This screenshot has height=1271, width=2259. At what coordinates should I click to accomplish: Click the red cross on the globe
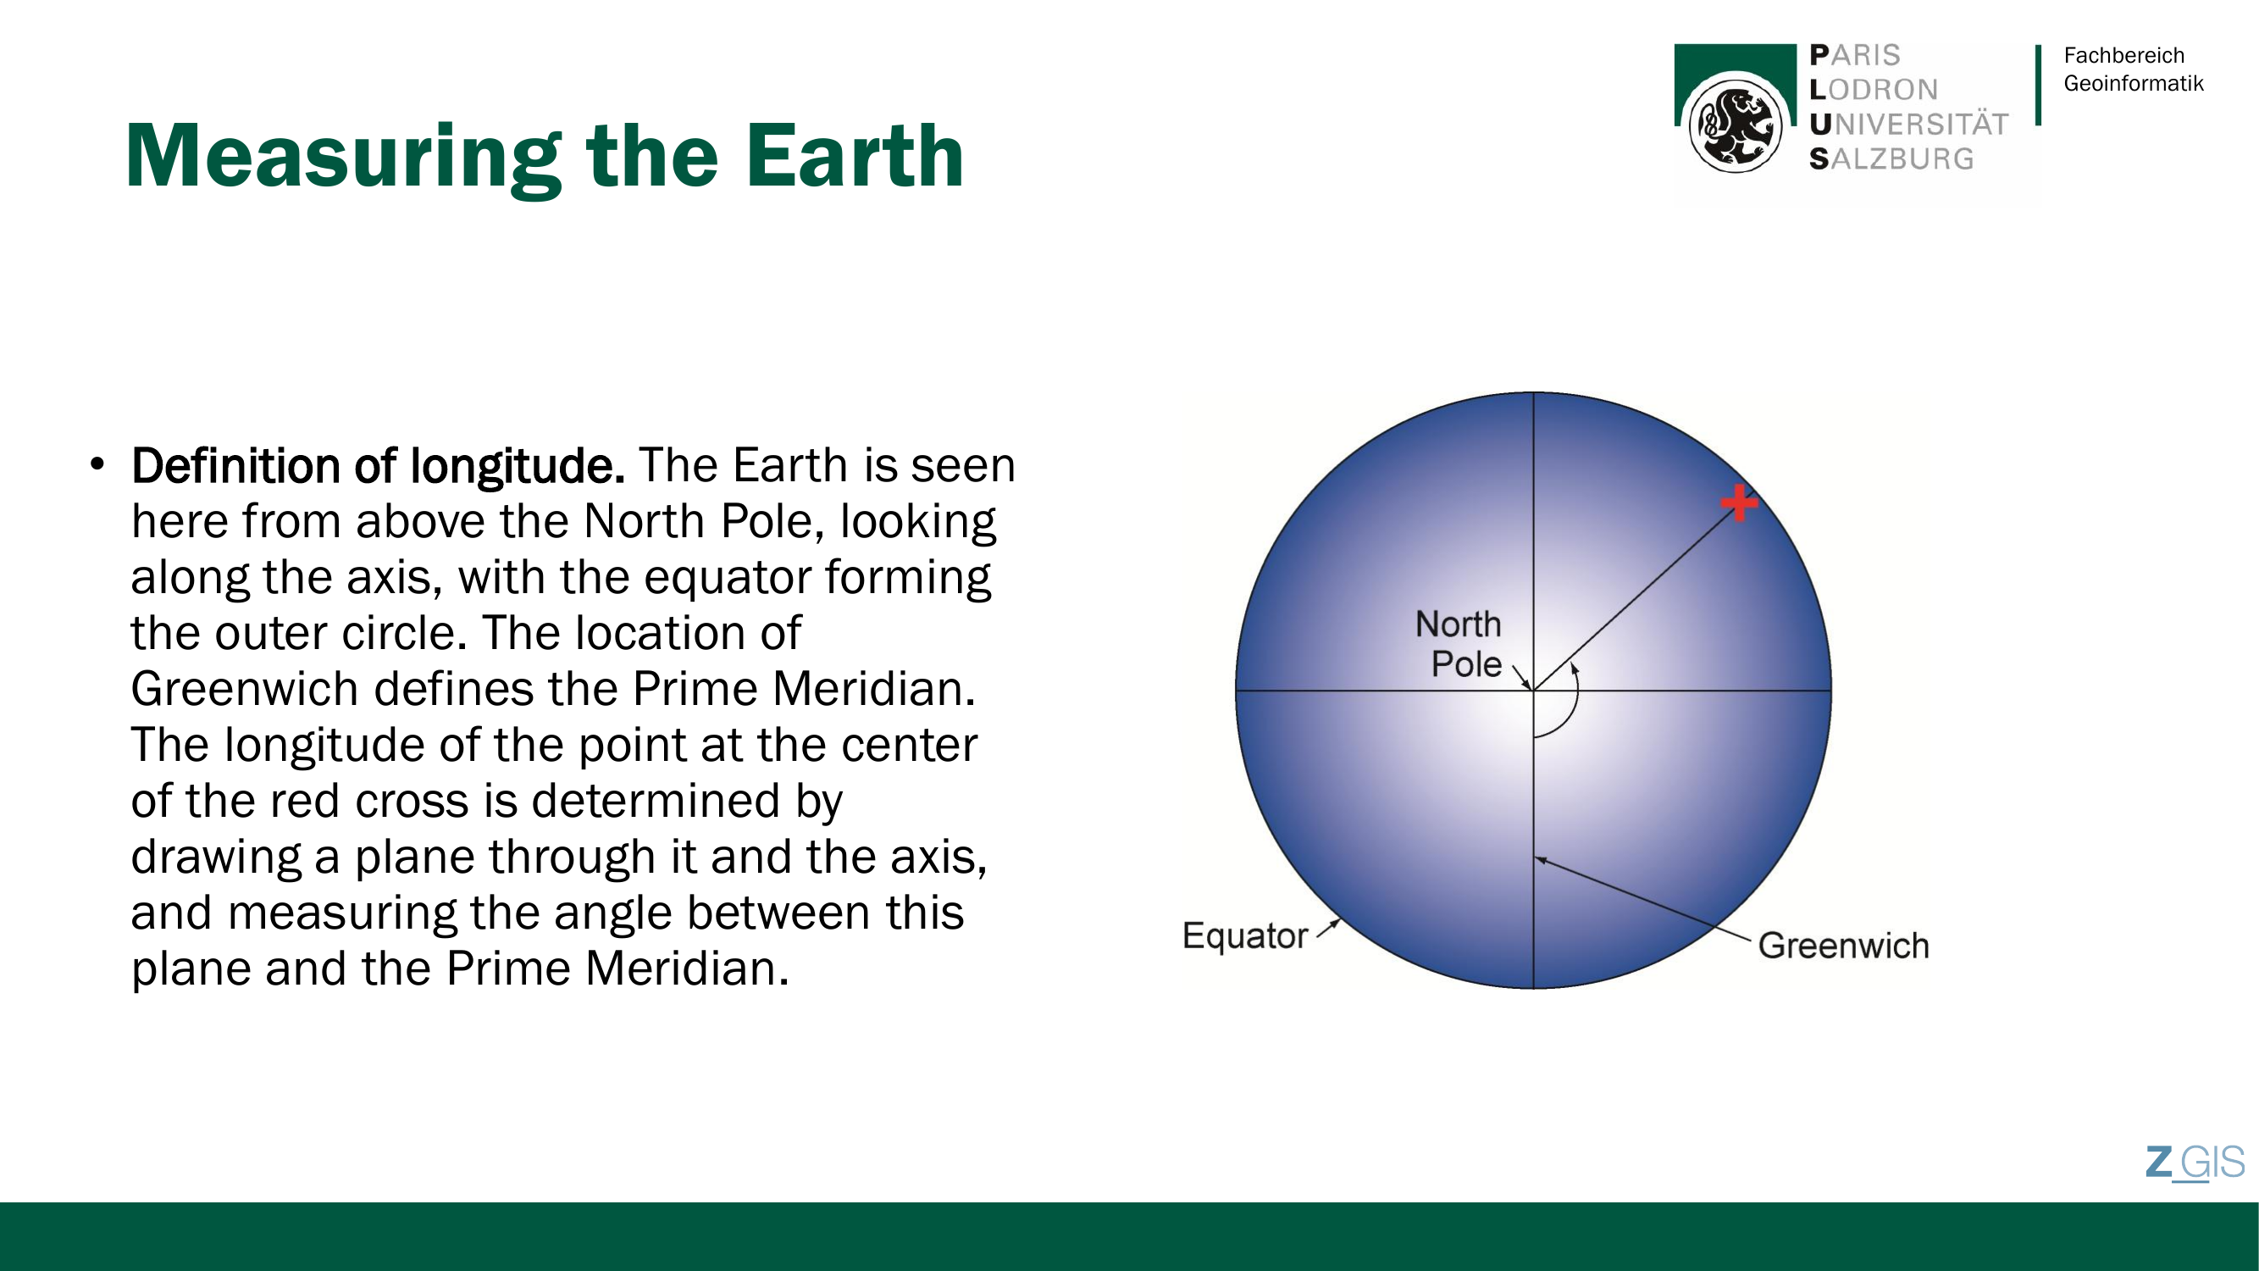point(1738,503)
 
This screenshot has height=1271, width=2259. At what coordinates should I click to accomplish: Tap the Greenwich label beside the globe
point(1843,946)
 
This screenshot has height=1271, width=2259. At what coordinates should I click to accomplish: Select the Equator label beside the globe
point(1244,937)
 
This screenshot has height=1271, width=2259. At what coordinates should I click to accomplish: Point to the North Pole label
point(1459,644)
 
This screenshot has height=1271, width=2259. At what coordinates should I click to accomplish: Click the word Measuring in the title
point(343,158)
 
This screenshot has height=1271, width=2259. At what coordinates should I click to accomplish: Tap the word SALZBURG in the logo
point(1891,158)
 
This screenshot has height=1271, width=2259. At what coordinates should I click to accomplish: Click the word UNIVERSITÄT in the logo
point(1908,125)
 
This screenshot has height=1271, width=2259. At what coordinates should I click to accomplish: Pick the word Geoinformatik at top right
point(2133,83)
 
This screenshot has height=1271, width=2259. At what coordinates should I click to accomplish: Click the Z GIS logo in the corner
point(2195,1163)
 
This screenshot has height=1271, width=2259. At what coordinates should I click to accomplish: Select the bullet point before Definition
point(97,464)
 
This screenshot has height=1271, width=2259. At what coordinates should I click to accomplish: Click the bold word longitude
point(518,465)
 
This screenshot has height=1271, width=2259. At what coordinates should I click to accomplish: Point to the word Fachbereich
point(2124,55)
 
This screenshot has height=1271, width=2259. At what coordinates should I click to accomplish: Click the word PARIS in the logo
point(1855,55)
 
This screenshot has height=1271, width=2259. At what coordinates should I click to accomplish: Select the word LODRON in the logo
point(1873,90)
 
